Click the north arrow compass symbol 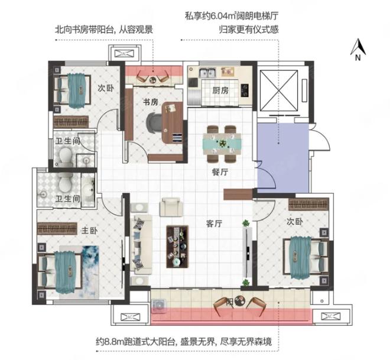click(358, 50)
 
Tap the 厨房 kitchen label click(220, 90)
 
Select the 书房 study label click(151, 102)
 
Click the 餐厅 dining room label click(220, 171)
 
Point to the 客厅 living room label click(214, 223)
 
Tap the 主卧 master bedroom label click(90, 231)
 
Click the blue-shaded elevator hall click(283, 158)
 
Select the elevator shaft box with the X click(278, 90)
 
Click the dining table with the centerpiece click(222, 144)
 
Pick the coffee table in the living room click(177, 247)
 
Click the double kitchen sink click(207, 73)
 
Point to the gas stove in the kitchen click(245, 90)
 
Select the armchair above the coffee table click(171, 207)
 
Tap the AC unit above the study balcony click(124, 53)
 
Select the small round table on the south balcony click(240, 300)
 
